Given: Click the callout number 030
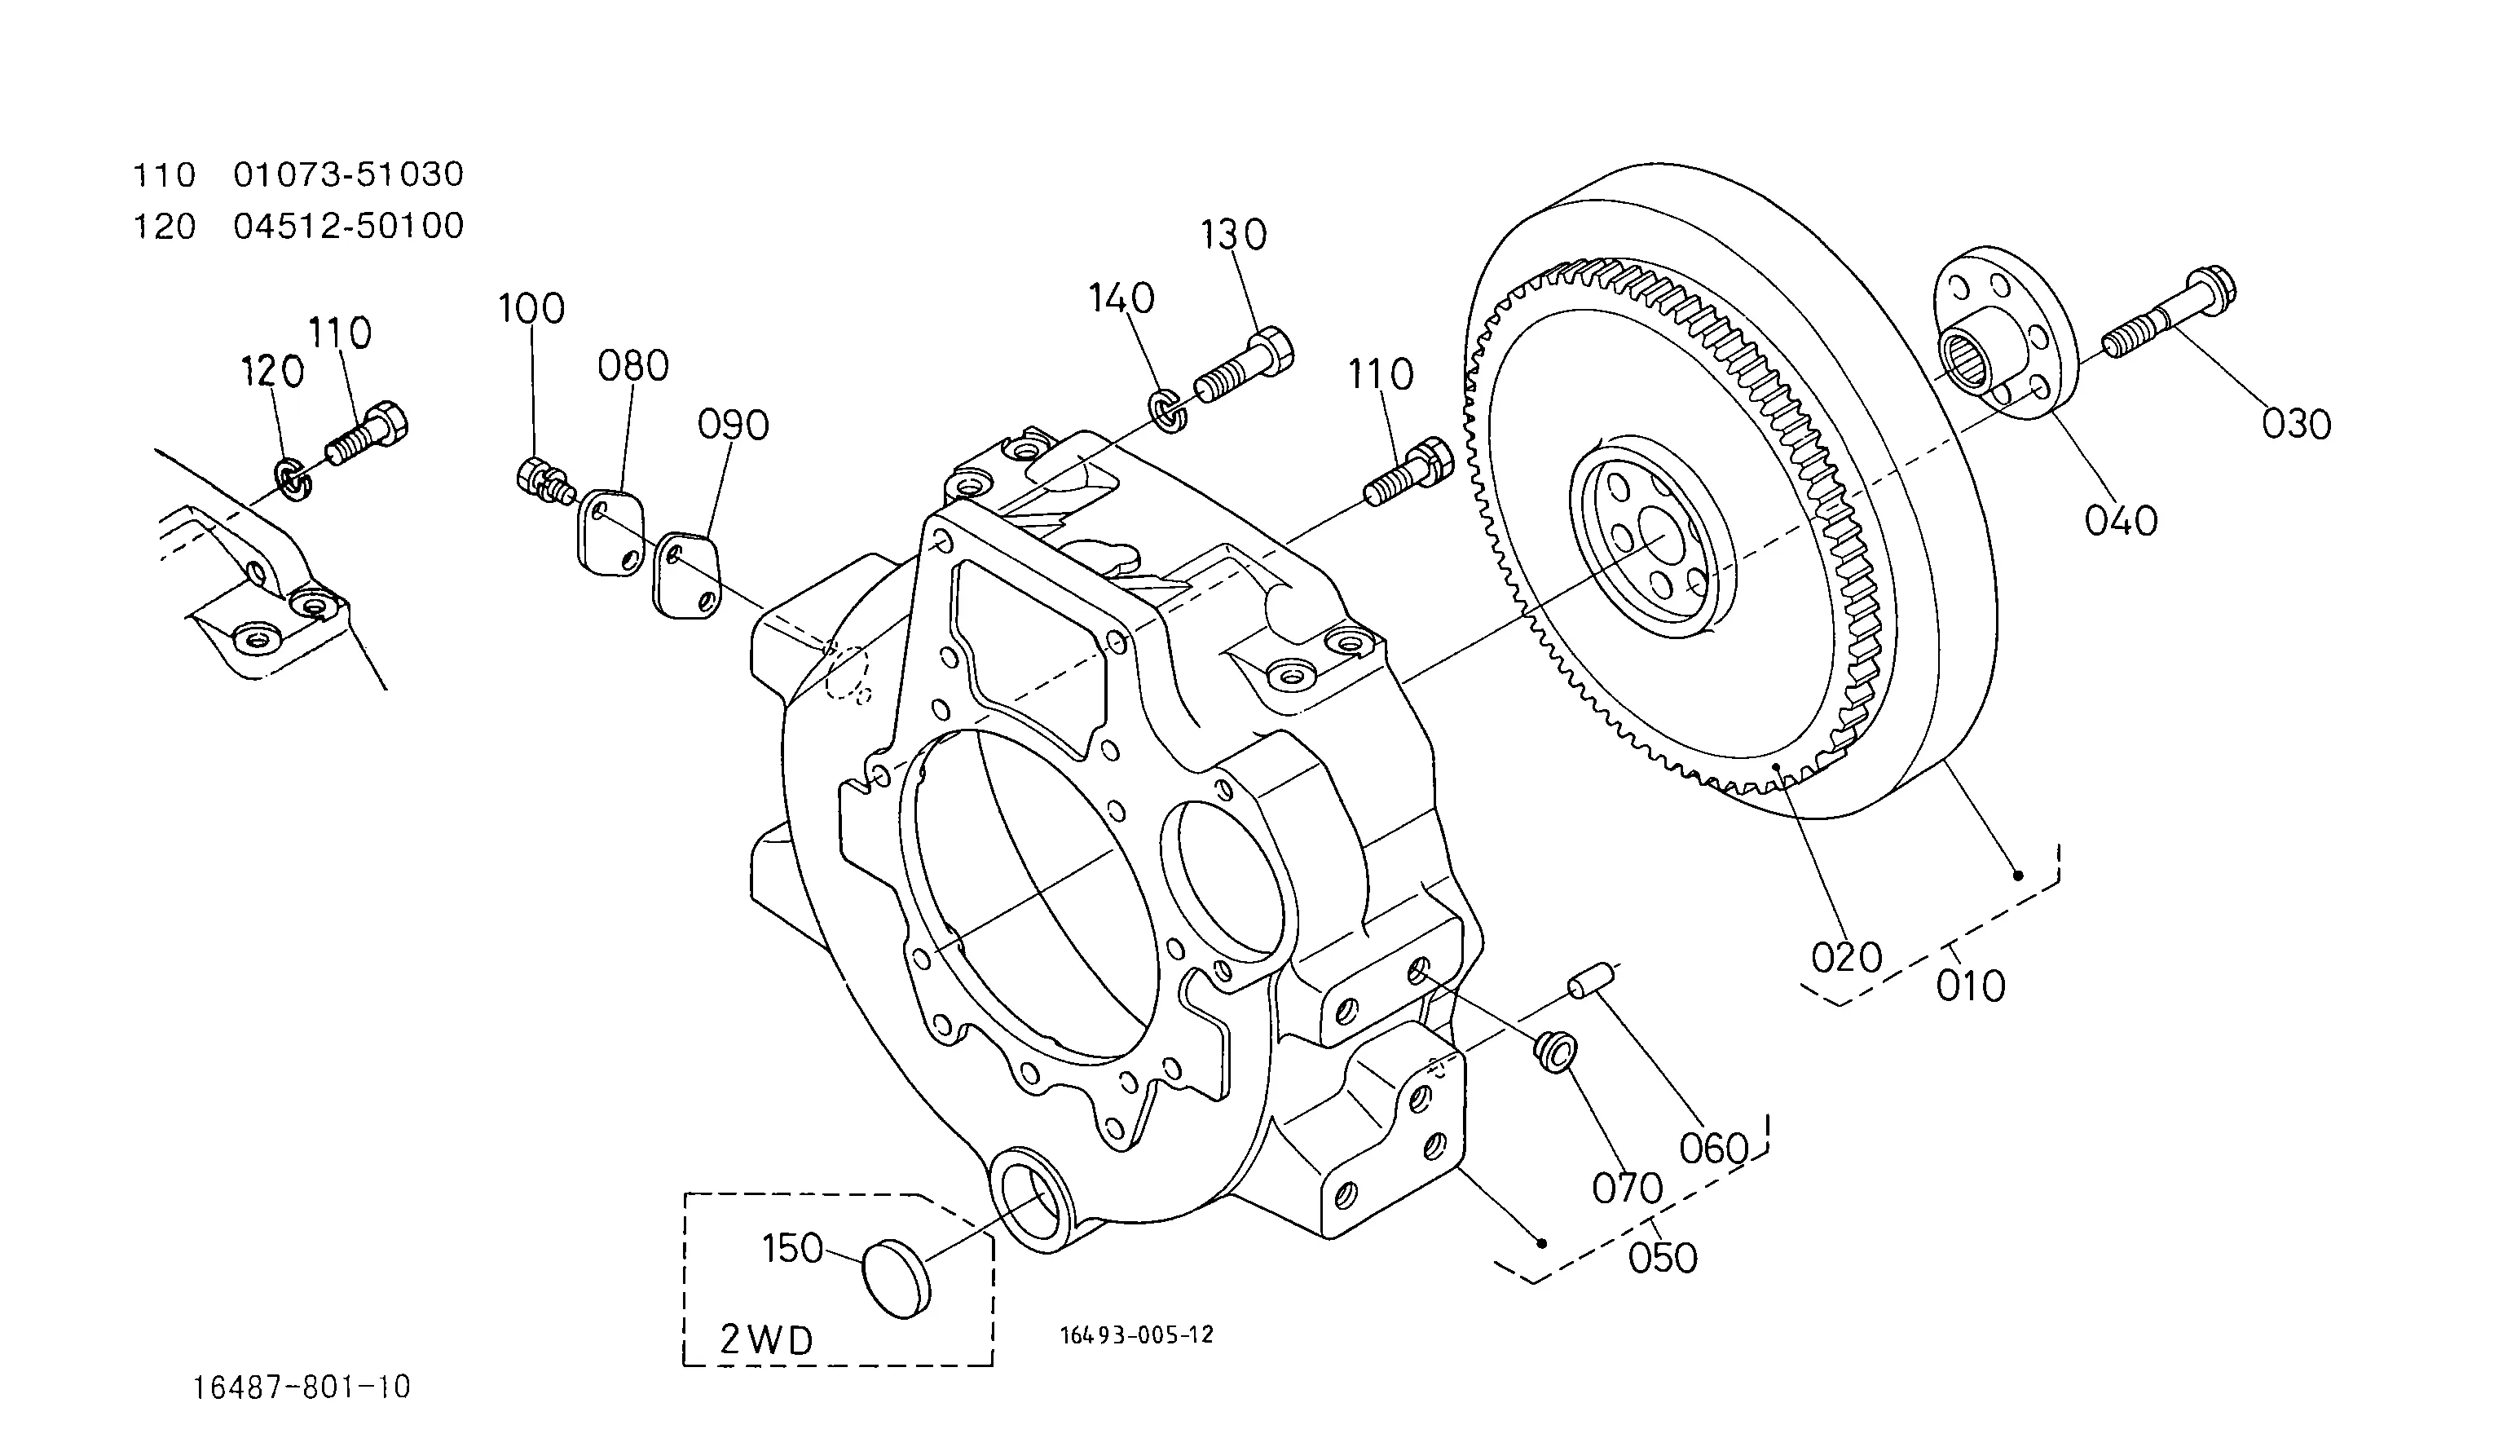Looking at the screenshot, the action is (x=2297, y=424).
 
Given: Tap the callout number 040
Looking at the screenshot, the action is (x=2121, y=519).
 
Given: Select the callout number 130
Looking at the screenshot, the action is (x=1233, y=235).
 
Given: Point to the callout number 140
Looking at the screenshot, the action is (x=1121, y=298).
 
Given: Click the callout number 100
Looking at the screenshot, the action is (x=531, y=308).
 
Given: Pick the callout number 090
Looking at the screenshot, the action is (x=733, y=425).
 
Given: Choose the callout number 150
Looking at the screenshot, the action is (x=793, y=1248).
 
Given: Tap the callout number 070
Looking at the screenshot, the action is (x=1627, y=1188).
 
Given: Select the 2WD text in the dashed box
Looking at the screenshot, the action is (x=767, y=1339).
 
